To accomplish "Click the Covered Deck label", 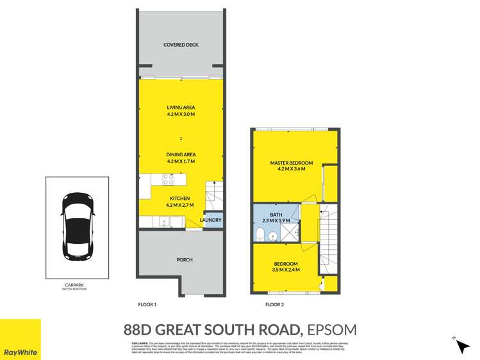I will tap(181, 45).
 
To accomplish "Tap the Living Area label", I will tap(181, 108).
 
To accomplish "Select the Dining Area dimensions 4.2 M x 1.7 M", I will tap(181, 161).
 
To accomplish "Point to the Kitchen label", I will tap(181, 199).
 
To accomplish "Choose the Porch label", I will tap(185, 259).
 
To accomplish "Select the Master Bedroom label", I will tap(291, 163).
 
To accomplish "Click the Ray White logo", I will tap(21, 340).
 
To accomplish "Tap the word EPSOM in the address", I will tap(331, 331).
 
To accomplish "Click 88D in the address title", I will tap(142, 331).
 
